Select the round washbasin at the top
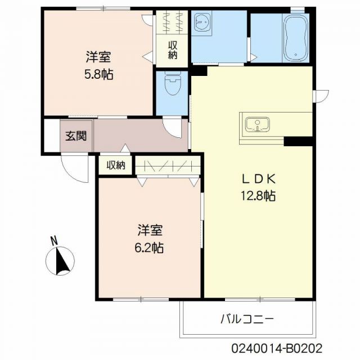201,23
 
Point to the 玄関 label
75,136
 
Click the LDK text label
259,179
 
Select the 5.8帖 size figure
99,74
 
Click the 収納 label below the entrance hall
116,165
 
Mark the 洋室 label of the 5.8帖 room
98,57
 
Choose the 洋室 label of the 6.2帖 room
150,230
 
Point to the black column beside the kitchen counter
299,140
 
